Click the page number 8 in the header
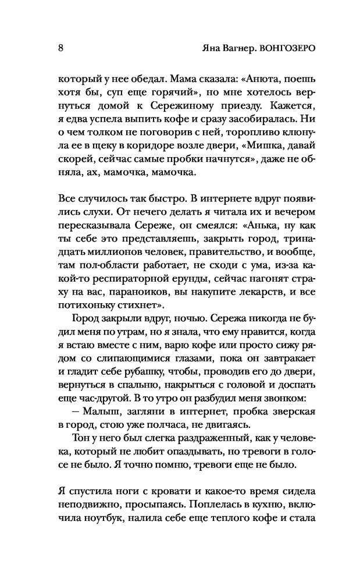(x=61, y=48)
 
